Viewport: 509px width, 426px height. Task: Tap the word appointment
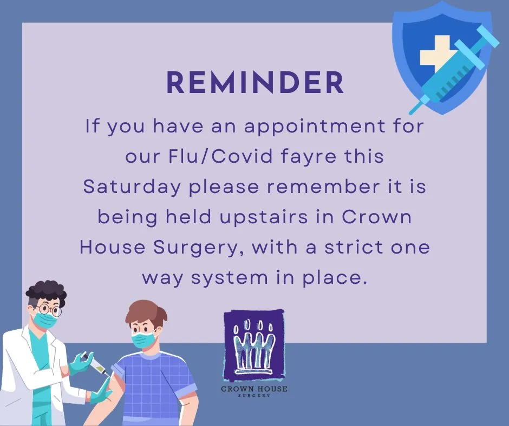click(x=315, y=127)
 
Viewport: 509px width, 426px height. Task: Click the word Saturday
click(x=132, y=187)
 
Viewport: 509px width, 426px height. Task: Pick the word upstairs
click(x=264, y=217)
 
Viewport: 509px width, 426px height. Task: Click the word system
click(x=230, y=278)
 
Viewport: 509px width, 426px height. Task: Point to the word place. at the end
click(x=335, y=278)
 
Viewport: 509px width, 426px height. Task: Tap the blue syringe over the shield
click(x=454, y=69)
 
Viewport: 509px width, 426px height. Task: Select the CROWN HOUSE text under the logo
click(x=254, y=388)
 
